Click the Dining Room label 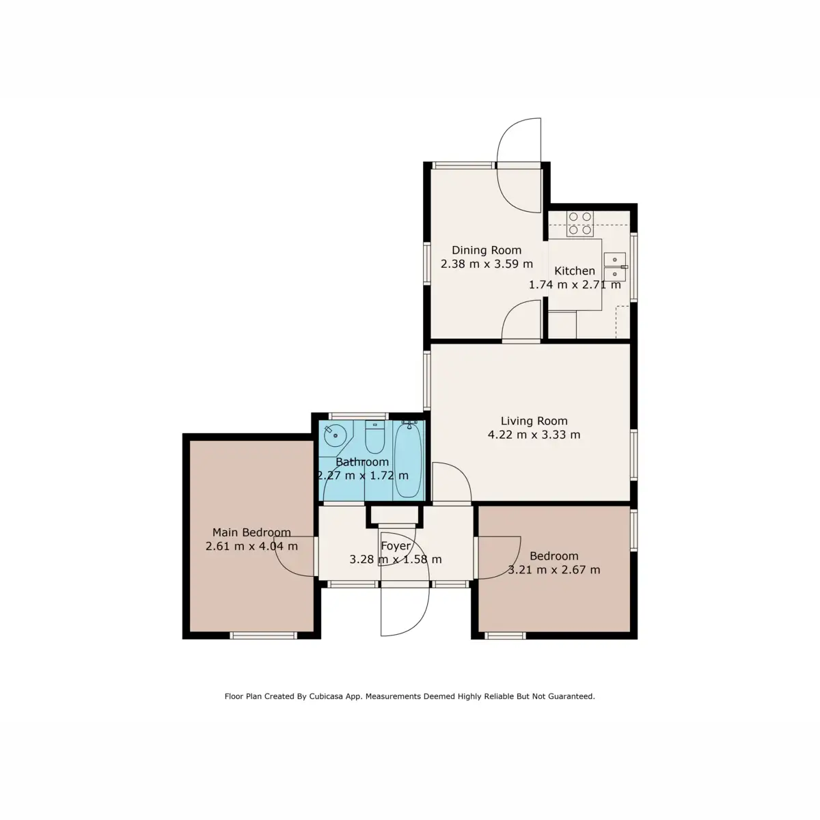[486, 250]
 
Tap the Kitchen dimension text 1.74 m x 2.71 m [575, 285]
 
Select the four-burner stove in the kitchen [580, 223]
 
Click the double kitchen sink [615, 266]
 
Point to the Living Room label [534, 421]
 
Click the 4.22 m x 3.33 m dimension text [534, 435]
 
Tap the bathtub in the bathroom [409, 459]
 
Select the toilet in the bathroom [374, 439]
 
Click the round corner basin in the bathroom [334, 433]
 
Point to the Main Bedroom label [251, 532]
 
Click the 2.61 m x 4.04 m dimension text [251, 546]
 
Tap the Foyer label [396, 546]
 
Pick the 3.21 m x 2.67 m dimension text [554, 570]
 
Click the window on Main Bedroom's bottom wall [263, 635]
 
